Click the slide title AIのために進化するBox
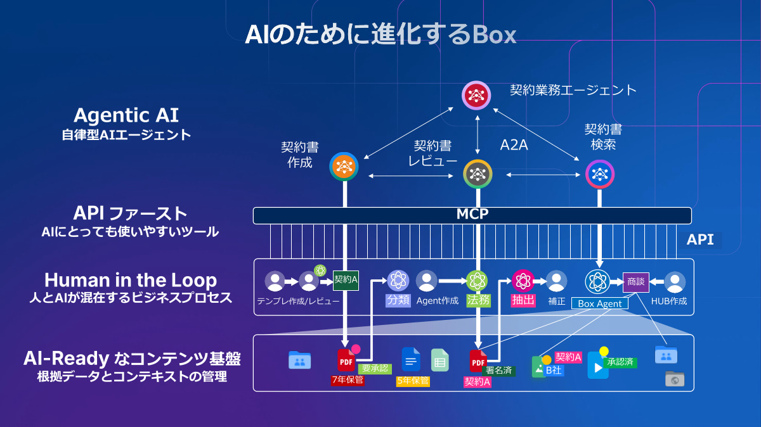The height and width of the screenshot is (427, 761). click(x=380, y=34)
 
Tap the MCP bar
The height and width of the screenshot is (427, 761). click(x=472, y=215)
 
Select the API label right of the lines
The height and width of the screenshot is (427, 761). click(x=699, y=239)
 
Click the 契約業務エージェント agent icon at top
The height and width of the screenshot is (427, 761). click(x=476, y=96)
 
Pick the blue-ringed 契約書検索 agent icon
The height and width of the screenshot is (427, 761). click(x=599, y=173)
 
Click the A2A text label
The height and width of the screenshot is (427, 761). click(x=514, y=145)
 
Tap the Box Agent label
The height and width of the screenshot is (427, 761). click(x=600, y=303)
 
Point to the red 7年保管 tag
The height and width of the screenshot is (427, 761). click(x=348, y=380)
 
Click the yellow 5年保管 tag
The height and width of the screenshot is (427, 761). click(x=413, y=381)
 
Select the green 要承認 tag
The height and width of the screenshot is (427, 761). click(x=375, y=368)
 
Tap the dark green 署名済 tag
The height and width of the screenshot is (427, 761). click(x=499, y=371)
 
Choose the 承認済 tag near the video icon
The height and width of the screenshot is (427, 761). click(x=620, y=362)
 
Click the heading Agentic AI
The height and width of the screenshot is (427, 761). click(x=126, y=115)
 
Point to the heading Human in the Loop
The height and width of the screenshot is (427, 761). click(x=131, y=280)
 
